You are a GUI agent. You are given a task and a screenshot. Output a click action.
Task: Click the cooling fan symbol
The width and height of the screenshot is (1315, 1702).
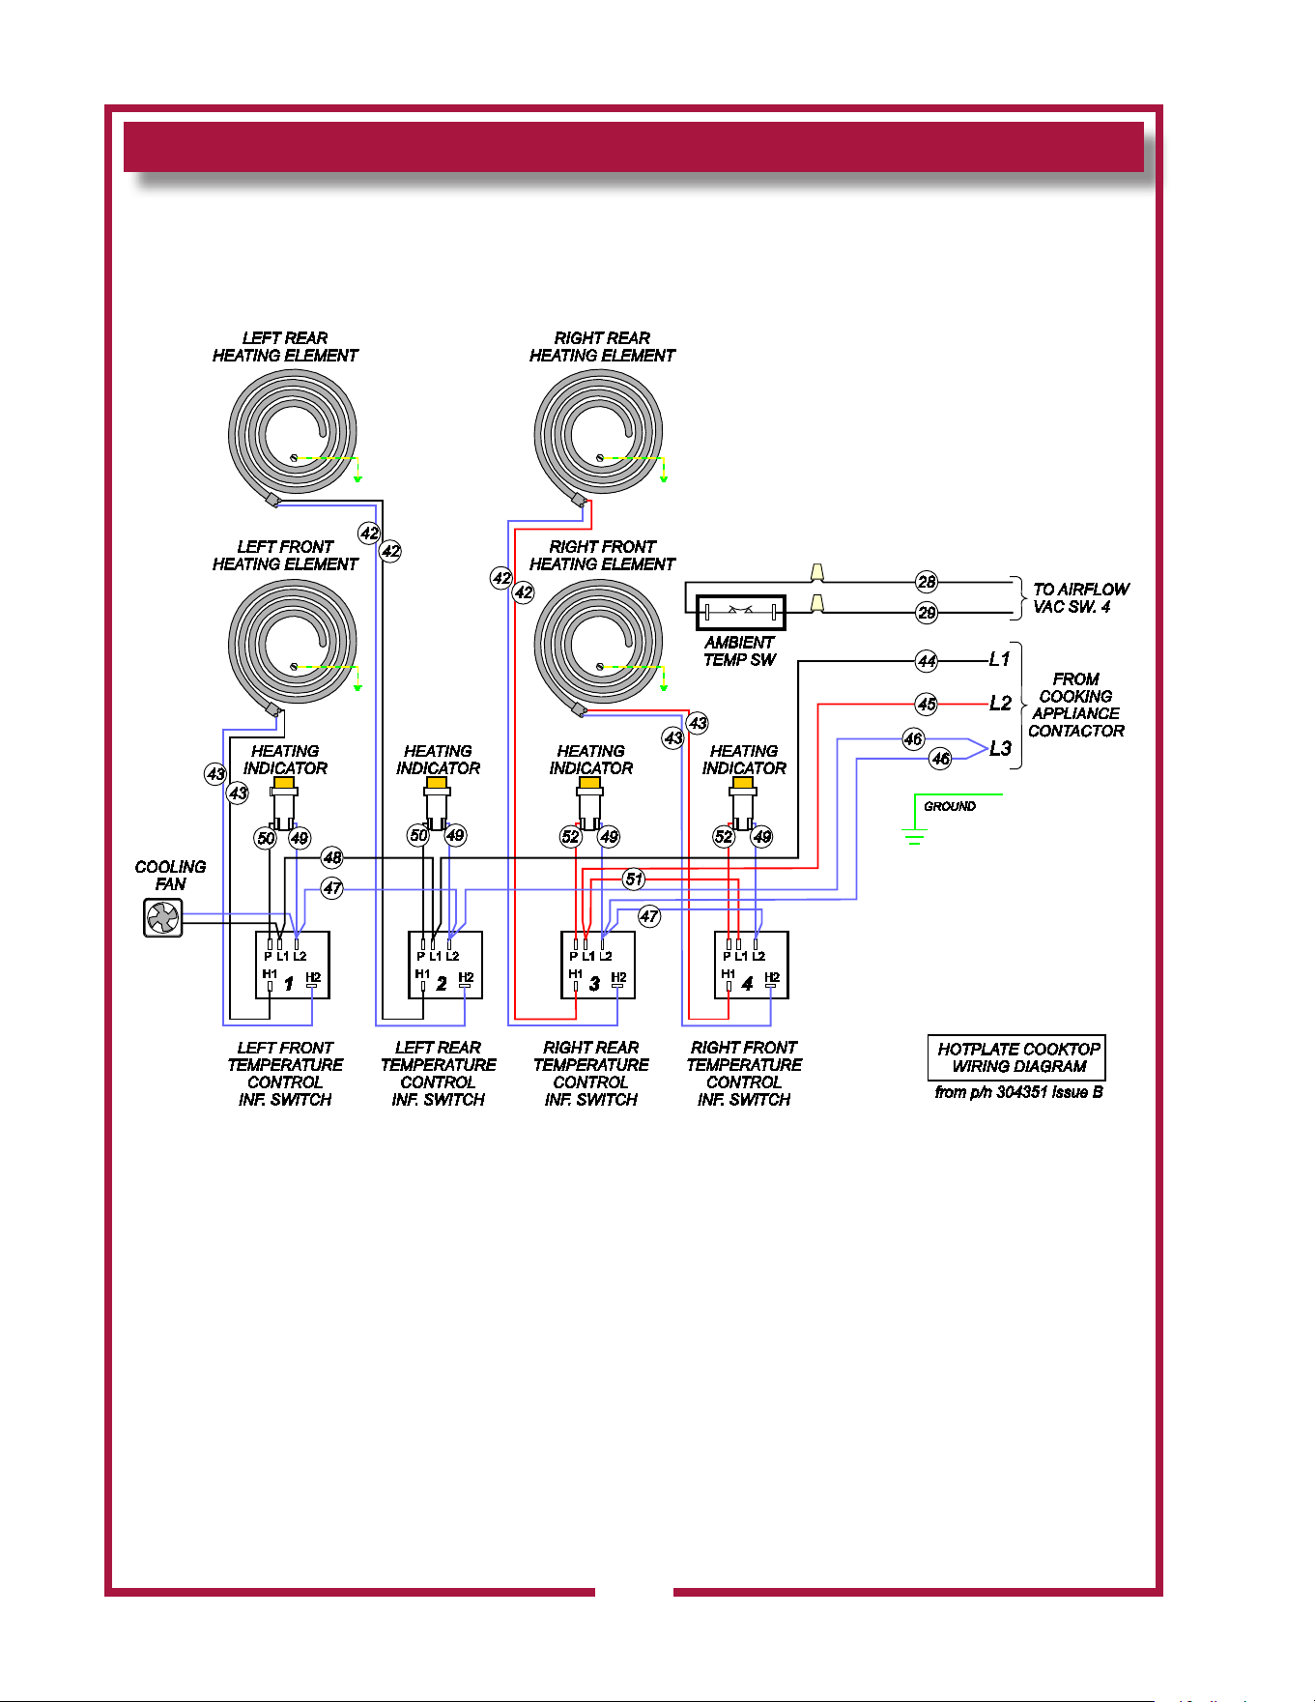(163, 917)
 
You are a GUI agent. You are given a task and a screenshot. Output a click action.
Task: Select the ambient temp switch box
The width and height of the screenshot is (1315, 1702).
(741, 612)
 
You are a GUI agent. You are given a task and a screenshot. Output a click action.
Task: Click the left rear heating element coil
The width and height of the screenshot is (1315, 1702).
(293, 433)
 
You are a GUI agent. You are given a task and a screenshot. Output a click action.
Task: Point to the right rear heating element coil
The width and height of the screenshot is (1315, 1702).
(599, 433)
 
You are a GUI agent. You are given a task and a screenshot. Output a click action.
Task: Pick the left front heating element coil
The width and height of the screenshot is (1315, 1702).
(293, 642)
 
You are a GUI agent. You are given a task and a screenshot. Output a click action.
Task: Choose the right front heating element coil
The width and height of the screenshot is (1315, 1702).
(599, 642)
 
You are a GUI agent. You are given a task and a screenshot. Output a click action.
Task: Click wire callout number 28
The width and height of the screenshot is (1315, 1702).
(927, 582)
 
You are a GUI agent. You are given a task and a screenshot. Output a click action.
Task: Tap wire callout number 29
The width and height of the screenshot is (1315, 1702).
(927, 613)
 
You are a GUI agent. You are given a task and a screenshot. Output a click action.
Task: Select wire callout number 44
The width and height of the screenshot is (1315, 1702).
(927, 661)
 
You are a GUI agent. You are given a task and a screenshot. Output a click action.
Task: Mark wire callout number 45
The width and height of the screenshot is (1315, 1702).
(927, 704)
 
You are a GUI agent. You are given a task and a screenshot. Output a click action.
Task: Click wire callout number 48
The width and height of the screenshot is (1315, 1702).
(332, 857)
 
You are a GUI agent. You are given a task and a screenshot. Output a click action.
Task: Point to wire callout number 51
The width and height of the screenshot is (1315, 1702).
(634, 879)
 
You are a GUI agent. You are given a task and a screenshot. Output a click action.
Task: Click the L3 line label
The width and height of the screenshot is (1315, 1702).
(1000, 748)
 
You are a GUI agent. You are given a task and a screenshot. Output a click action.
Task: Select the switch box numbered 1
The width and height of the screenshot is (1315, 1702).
(293, 965)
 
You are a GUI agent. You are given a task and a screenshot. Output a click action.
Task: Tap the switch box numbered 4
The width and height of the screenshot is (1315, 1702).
(752, 965)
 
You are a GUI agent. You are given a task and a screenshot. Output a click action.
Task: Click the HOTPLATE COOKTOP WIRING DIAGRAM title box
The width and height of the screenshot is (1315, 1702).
(1017, 1058)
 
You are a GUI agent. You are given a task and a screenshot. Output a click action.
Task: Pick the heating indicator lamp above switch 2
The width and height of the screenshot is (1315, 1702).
(437, 802)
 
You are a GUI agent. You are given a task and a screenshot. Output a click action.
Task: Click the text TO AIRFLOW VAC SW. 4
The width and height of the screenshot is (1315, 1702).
(1081, 597)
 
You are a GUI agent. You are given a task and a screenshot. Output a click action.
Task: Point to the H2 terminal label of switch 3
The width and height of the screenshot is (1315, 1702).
(618, 977)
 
